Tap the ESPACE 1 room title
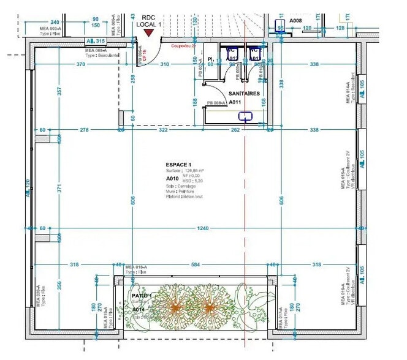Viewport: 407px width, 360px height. [x=178, y=165]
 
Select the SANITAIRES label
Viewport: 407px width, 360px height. [x=244, y=94]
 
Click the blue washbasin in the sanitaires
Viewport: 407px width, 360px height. [x=246, y=116]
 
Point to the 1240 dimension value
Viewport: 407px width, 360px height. [x=202, y=228]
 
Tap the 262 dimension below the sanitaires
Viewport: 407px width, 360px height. [x=235, y=130]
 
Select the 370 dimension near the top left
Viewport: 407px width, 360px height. [x=80, y=64]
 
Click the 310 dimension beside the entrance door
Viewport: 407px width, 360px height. [x=164, y=64]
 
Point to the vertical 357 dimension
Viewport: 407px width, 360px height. [x=59, y=91]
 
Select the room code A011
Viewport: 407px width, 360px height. [x=235, y=103]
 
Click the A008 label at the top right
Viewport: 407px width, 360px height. [x=296, y=20]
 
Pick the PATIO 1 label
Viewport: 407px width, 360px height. [x=142, y=296]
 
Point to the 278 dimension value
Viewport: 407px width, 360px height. [x=85, y=130]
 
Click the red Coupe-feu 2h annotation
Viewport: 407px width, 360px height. [x=183, y=46]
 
